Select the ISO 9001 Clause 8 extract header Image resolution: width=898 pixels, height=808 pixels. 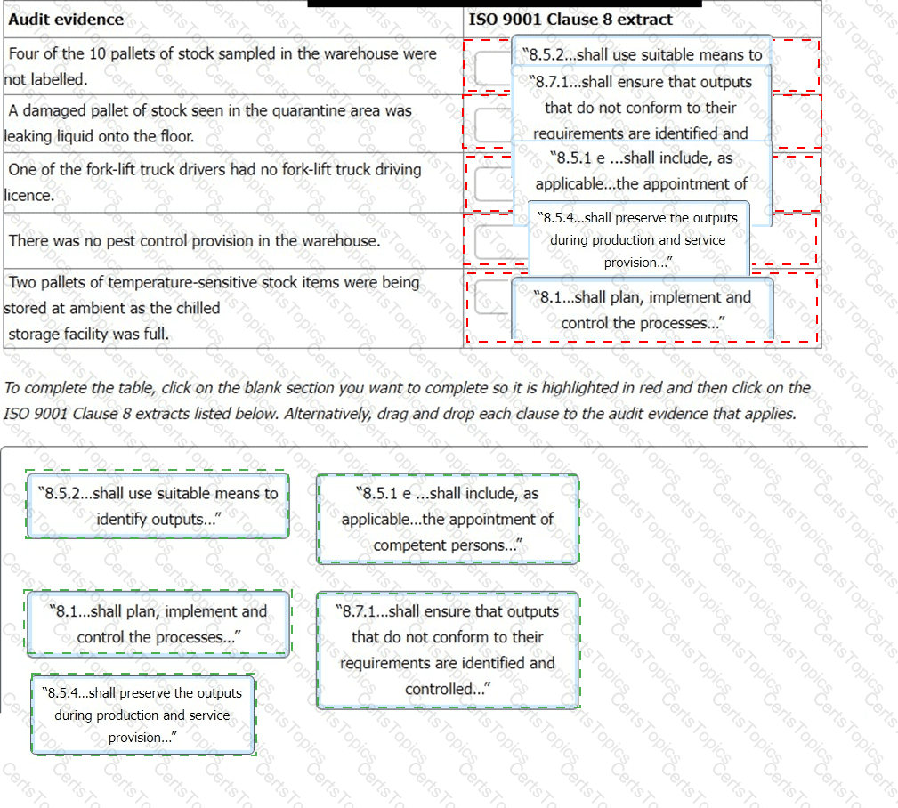pos(570,20)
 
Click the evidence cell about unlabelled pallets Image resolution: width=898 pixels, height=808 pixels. pos(222,66)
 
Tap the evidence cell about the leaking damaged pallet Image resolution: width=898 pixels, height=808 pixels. pos(209,124)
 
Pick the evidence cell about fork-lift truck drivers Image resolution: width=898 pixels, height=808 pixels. pos(214,182)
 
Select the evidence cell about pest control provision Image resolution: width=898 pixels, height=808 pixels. pos(194,240)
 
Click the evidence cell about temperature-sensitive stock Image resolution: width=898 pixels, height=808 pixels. pos(214,308)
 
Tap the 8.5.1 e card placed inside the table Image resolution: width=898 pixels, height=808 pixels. pos(641,171)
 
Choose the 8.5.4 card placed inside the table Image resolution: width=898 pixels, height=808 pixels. pos(638,239)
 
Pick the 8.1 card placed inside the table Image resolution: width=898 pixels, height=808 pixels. pos(643,310)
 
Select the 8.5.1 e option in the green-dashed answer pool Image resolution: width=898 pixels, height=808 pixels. pos(447,519)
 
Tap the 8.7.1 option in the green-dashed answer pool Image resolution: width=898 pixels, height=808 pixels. pos(447,650)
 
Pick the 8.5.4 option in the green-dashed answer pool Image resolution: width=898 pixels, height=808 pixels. pos(143,715)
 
